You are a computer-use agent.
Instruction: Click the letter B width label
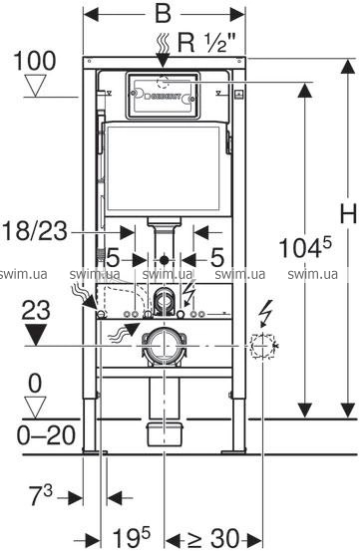(163, 14)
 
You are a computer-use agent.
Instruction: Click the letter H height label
(348, 213)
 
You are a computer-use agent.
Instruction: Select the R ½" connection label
(206, 43)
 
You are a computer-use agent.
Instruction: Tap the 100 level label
(35, 61)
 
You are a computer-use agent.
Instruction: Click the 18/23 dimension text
(35, 231)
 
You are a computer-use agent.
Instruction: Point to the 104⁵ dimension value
(305, 247)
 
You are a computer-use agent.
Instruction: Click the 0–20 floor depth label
(46, 435)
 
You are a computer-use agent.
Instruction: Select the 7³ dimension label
(41, 495)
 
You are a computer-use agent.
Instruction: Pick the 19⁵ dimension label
(131, 536)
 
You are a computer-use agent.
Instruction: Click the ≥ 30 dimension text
(213, 538)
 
